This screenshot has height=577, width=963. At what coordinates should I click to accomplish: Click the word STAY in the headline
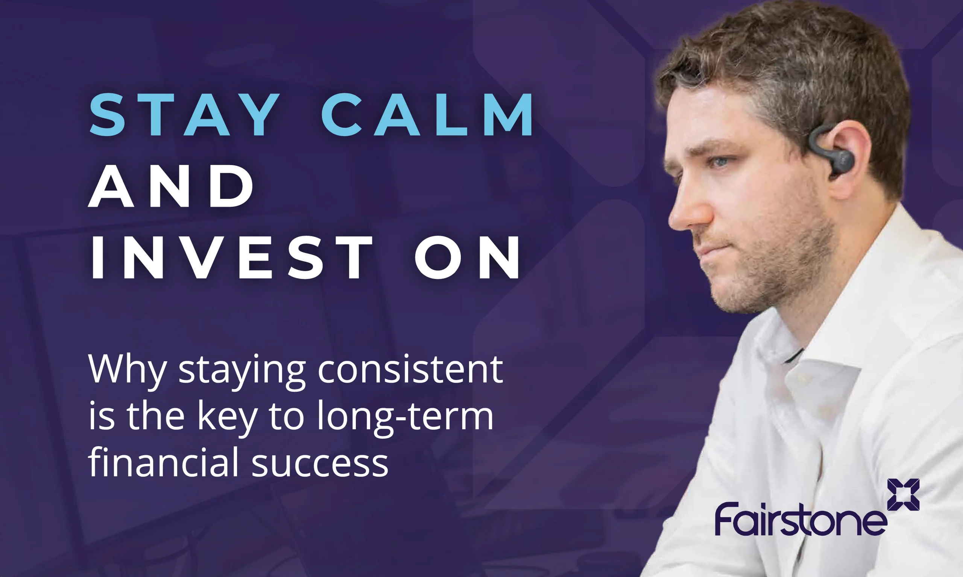(184, 115)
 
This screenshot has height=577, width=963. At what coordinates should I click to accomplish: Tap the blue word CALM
(427, 115)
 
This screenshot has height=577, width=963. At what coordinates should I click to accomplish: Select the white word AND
(171, 186)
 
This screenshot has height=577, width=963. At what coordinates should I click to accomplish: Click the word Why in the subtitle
(127, 371)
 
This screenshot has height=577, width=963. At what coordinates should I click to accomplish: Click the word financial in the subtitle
(163, 462)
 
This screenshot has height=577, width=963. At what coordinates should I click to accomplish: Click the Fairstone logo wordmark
(801, 519)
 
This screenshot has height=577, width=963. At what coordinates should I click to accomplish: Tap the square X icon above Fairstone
(904, 495)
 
